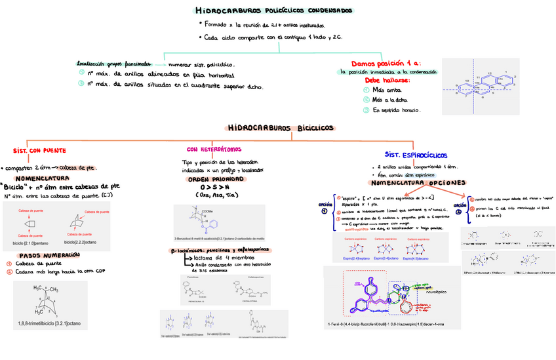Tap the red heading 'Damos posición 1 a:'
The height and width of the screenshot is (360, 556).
click(x=381, y=63)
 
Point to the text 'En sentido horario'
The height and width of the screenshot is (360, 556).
click(x=396, y=110)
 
